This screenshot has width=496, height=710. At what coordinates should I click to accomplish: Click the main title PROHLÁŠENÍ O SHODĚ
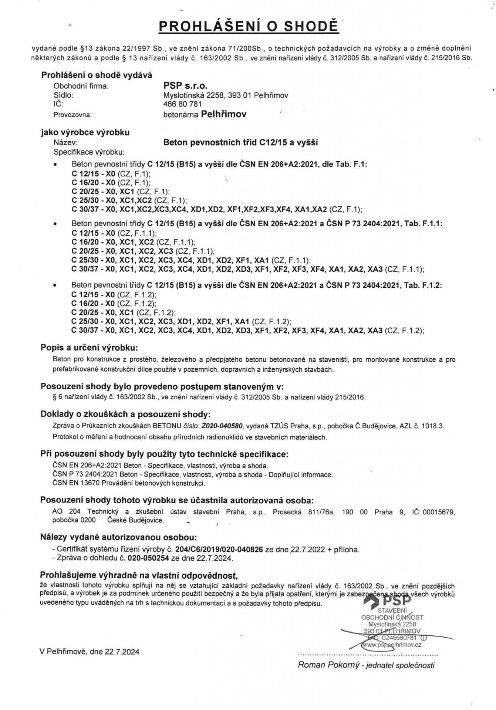point(248,27)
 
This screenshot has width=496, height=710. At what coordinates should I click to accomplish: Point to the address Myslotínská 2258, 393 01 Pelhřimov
point(226,95)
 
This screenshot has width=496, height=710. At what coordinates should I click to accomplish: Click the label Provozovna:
point(72,115)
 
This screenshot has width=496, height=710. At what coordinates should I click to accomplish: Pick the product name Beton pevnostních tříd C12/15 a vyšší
point(241,142)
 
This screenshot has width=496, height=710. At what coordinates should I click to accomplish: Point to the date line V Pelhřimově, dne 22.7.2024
point(90,652)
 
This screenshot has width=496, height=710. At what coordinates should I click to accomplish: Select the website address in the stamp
point(393,645)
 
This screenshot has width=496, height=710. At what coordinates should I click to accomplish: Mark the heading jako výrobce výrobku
point(85,132)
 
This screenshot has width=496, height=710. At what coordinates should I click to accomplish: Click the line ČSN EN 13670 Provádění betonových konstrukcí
point(129,483)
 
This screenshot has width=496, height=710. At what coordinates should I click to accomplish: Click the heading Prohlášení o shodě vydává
point(97,75)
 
